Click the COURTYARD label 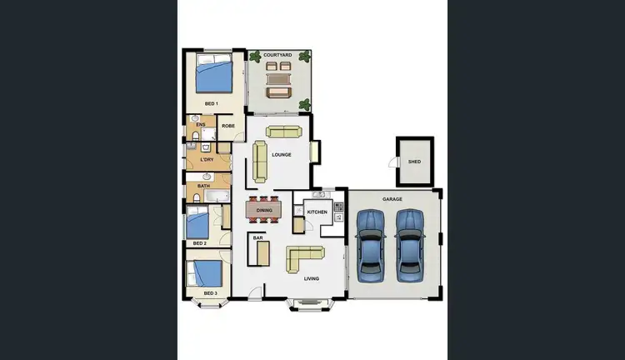(x=277, y=55)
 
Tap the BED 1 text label (x=211, y=103)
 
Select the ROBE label (x=228, y=126)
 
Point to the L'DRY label (x=207, y=159)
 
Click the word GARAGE (x=392, y=200)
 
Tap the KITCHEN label (x=317, y=212)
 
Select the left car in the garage (x=370, y=242)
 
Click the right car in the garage (x=409, y=242)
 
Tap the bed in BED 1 (x=215, y=75)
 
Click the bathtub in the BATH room (x=218, y=197)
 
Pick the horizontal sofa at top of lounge (x=284, y=131)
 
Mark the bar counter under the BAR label (x=258, y=252)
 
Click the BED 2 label (x=198, y=243)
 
